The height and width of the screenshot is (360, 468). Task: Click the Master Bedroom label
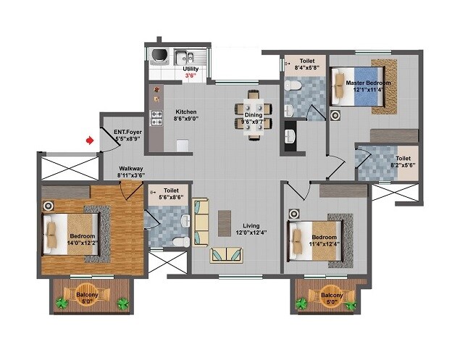[x=368, y=83]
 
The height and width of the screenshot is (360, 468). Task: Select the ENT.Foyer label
[x=128, y=132]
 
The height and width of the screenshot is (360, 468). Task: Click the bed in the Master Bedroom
[x=354, y=87]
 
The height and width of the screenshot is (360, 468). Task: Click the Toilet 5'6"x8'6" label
[x=172, y=193]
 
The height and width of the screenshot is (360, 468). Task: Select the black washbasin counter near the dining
[x=291, y=137]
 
